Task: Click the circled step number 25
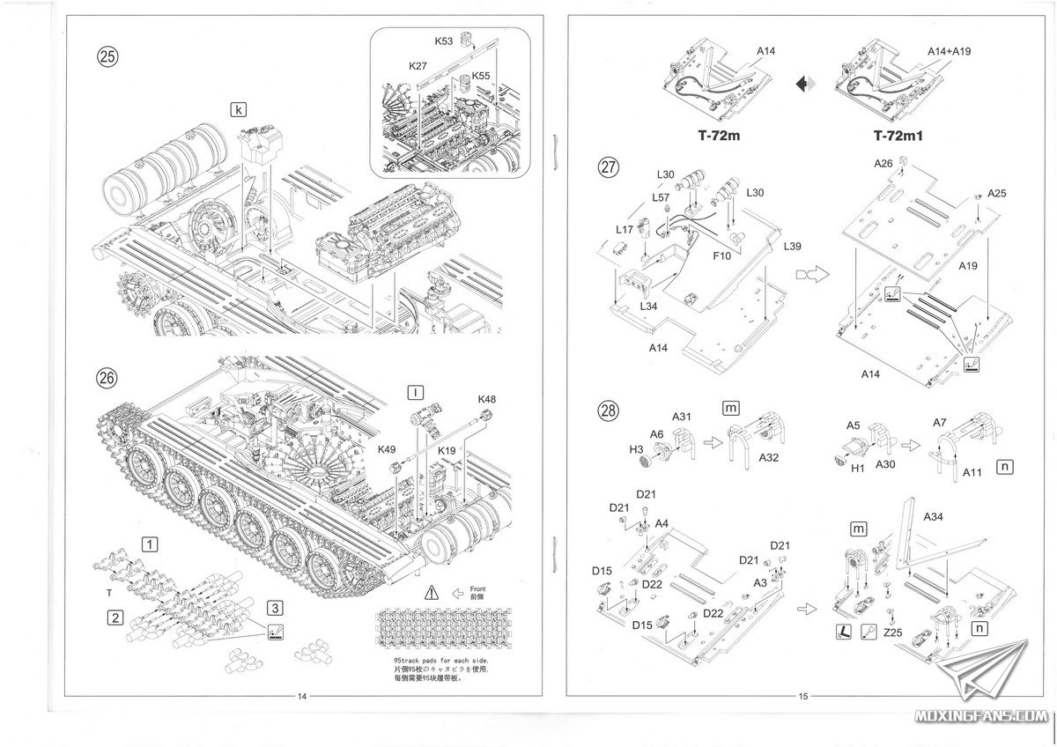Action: [x=107, y=57]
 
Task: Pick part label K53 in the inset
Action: [x=444, y=41]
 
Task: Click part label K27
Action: [x=418, y=66]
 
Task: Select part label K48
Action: [x=487, y=399]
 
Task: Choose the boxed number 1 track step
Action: [x=152, y=544]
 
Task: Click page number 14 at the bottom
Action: [x=302, y=697]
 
